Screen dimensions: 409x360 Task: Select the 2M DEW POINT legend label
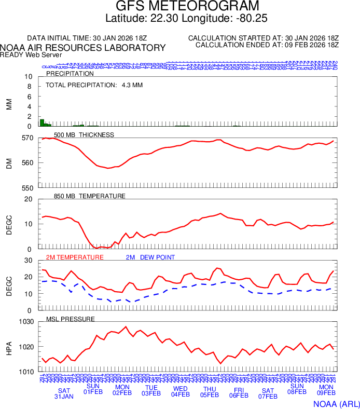click(150, 257)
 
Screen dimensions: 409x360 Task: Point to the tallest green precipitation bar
click(42, 122)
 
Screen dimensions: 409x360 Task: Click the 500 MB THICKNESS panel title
click(84, 135)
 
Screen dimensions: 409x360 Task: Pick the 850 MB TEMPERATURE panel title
click(89, 196)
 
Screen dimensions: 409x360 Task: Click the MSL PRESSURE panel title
click(71, 319)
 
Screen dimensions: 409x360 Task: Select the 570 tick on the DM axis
click(27, 138)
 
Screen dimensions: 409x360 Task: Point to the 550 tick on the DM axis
click(27, 188)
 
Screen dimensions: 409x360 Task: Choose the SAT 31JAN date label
click(64, 393)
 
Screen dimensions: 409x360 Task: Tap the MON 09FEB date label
click(326, 390)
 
